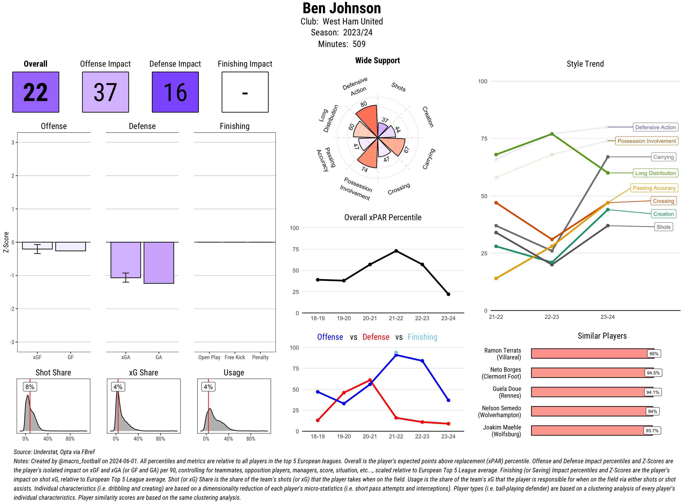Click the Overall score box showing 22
pos(36,92)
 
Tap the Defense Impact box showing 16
pos(175,92)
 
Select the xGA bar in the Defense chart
pos(125,260)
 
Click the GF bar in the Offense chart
pos(70,246)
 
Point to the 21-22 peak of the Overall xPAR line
pos(396,251)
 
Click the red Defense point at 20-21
pos(370,380)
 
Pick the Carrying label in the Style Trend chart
pos(663,157)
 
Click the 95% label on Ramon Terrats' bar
pos(653,354)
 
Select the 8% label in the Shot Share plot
pos(30,387)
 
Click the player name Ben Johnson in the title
pos(342,8)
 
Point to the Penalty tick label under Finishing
pos(260,357)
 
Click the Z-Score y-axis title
pos(6,242)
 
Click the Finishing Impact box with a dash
pos(245,92)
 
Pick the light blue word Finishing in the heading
pos(422,337)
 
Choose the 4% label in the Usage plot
pos(208,387)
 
